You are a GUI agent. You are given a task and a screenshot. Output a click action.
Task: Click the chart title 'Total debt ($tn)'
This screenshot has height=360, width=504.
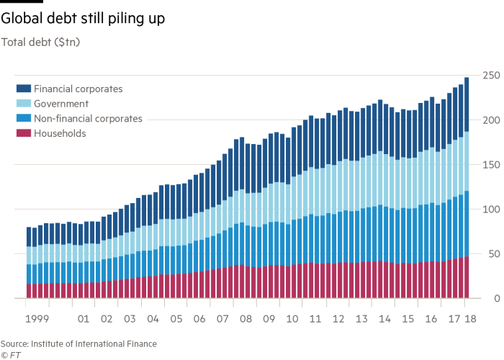(40, 42)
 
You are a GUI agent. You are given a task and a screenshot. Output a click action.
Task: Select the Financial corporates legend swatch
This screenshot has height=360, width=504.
(23, 89)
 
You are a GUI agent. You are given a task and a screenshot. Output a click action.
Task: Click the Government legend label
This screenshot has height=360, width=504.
(62, 104)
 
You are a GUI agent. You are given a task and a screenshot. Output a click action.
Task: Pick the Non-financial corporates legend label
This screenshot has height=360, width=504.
(89, 119)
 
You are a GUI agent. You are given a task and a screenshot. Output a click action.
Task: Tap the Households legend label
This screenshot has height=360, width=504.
(60, 133)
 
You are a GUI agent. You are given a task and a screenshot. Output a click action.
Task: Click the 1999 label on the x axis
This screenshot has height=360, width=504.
(36, 318)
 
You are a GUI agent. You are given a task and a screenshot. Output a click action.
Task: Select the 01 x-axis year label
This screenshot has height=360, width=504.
(83, 318)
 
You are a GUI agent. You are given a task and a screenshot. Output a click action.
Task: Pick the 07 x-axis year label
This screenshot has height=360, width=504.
(223, 318)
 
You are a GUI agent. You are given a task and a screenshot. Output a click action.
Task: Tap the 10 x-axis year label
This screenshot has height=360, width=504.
(293, 318)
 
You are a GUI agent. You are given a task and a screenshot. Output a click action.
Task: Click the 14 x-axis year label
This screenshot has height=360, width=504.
(386, 318)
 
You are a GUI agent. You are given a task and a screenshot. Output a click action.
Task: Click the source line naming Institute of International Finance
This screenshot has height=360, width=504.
(78, 343)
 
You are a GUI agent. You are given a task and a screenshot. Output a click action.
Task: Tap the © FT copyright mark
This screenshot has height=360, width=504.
(10, 354)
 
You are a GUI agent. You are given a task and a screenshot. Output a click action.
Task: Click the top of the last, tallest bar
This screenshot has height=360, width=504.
(467, 78)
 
